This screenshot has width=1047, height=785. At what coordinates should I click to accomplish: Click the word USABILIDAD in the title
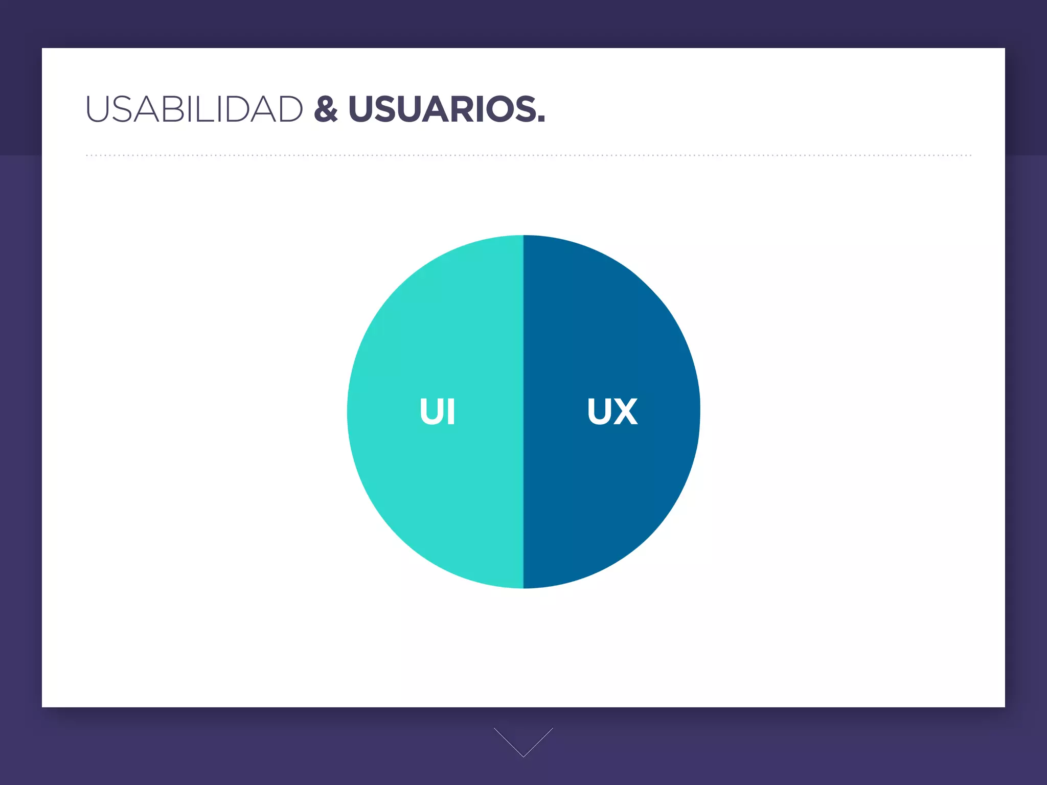pos(194,109)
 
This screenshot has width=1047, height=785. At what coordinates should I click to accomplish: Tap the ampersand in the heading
pos(326,109)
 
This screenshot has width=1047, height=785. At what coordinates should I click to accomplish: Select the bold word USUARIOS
pos(442,109)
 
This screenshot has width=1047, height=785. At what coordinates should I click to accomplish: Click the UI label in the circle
pos(437,411)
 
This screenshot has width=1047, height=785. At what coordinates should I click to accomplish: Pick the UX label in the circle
pos(612,411)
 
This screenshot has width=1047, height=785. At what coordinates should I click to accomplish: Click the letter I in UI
pos(450,411)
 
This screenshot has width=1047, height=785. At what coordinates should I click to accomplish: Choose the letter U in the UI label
pos(430,411)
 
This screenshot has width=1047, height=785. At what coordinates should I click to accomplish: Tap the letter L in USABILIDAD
pos(204,109)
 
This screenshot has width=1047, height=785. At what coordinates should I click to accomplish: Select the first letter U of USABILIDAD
pos(98,109)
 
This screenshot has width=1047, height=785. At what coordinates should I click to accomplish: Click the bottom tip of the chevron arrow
pos(523,756)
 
